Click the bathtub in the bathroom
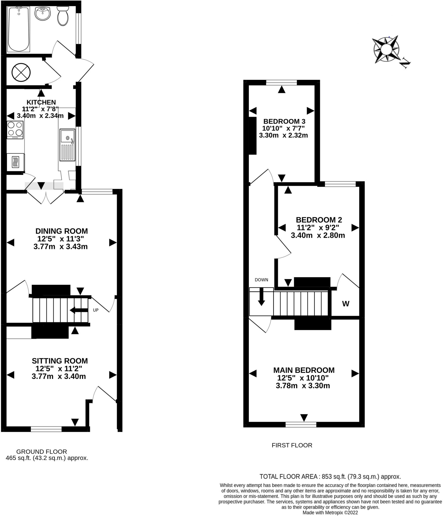(x=19, y=29)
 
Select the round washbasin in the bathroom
(x=43, y=14)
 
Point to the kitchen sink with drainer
(x=67, y=145)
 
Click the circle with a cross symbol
(x=21, y=73)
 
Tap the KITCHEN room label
(x=41, y=102)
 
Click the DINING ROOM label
(x=61, y=231)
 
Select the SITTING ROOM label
(x=60, y=361)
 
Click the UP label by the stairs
(x=95, y=310)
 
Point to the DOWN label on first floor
(x=261, y=280)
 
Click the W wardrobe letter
(x=346, y=304)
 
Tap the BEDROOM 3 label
(x=284, y=121)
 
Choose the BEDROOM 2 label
(x=319, y=220)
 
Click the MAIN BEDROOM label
(x=304, y=370)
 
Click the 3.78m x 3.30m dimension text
(x=303, y=385)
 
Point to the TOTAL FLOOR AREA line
(x=330, y=477)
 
